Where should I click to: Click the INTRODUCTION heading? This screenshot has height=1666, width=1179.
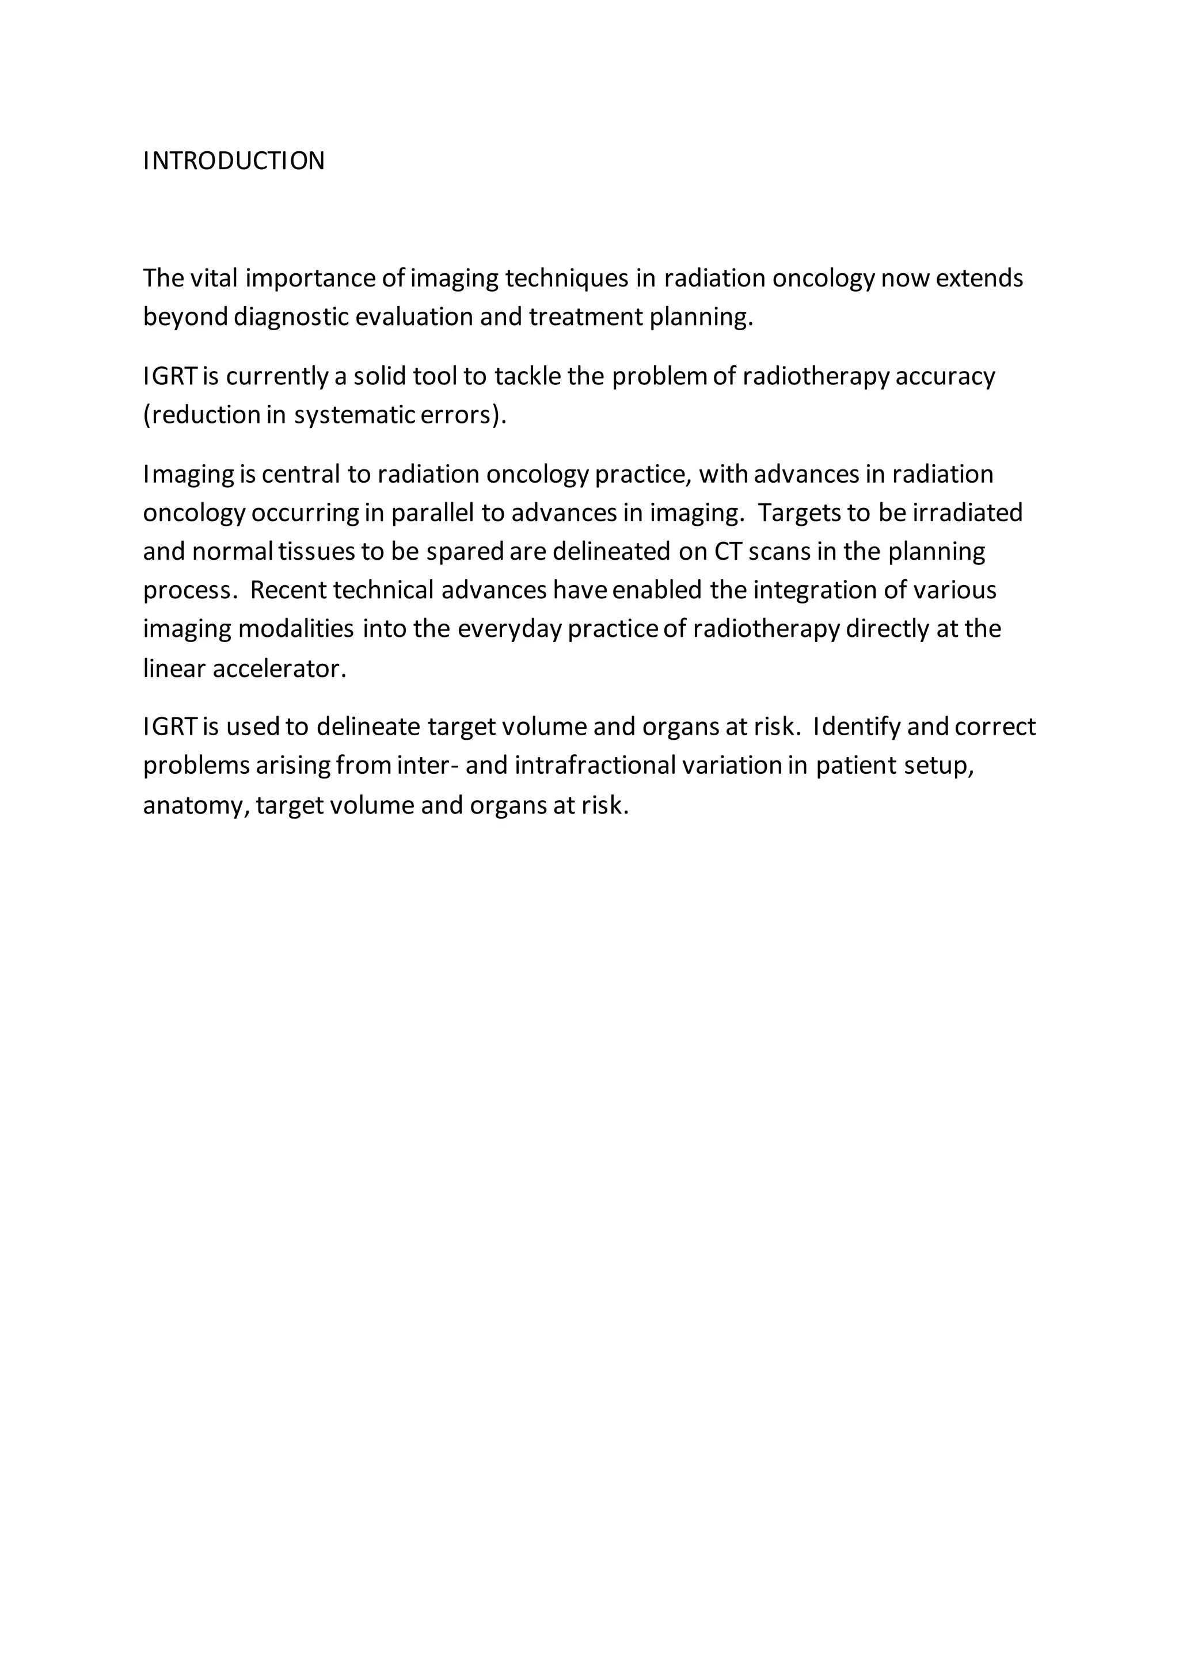pos(234,161)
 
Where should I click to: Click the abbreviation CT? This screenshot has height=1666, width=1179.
pos(726,552)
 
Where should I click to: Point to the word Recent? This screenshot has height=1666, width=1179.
pos(288,590)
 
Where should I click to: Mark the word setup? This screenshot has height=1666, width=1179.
pos(938,766)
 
